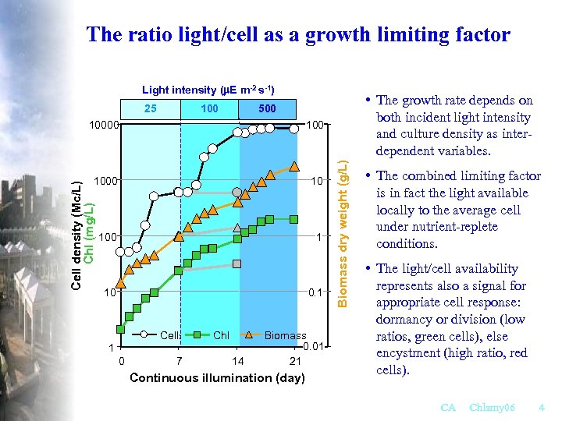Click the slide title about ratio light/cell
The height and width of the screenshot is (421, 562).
298,34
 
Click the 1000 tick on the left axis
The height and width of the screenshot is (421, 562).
105,181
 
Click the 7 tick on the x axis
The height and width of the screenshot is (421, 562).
180,361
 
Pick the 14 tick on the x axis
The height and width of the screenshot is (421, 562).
238,361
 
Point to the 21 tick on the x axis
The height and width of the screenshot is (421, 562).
295,361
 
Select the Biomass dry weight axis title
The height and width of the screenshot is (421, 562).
342,223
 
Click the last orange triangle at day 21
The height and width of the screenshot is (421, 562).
294,166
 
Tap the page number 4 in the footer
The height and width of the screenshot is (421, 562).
542,408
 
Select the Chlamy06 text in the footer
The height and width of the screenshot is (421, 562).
493,408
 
